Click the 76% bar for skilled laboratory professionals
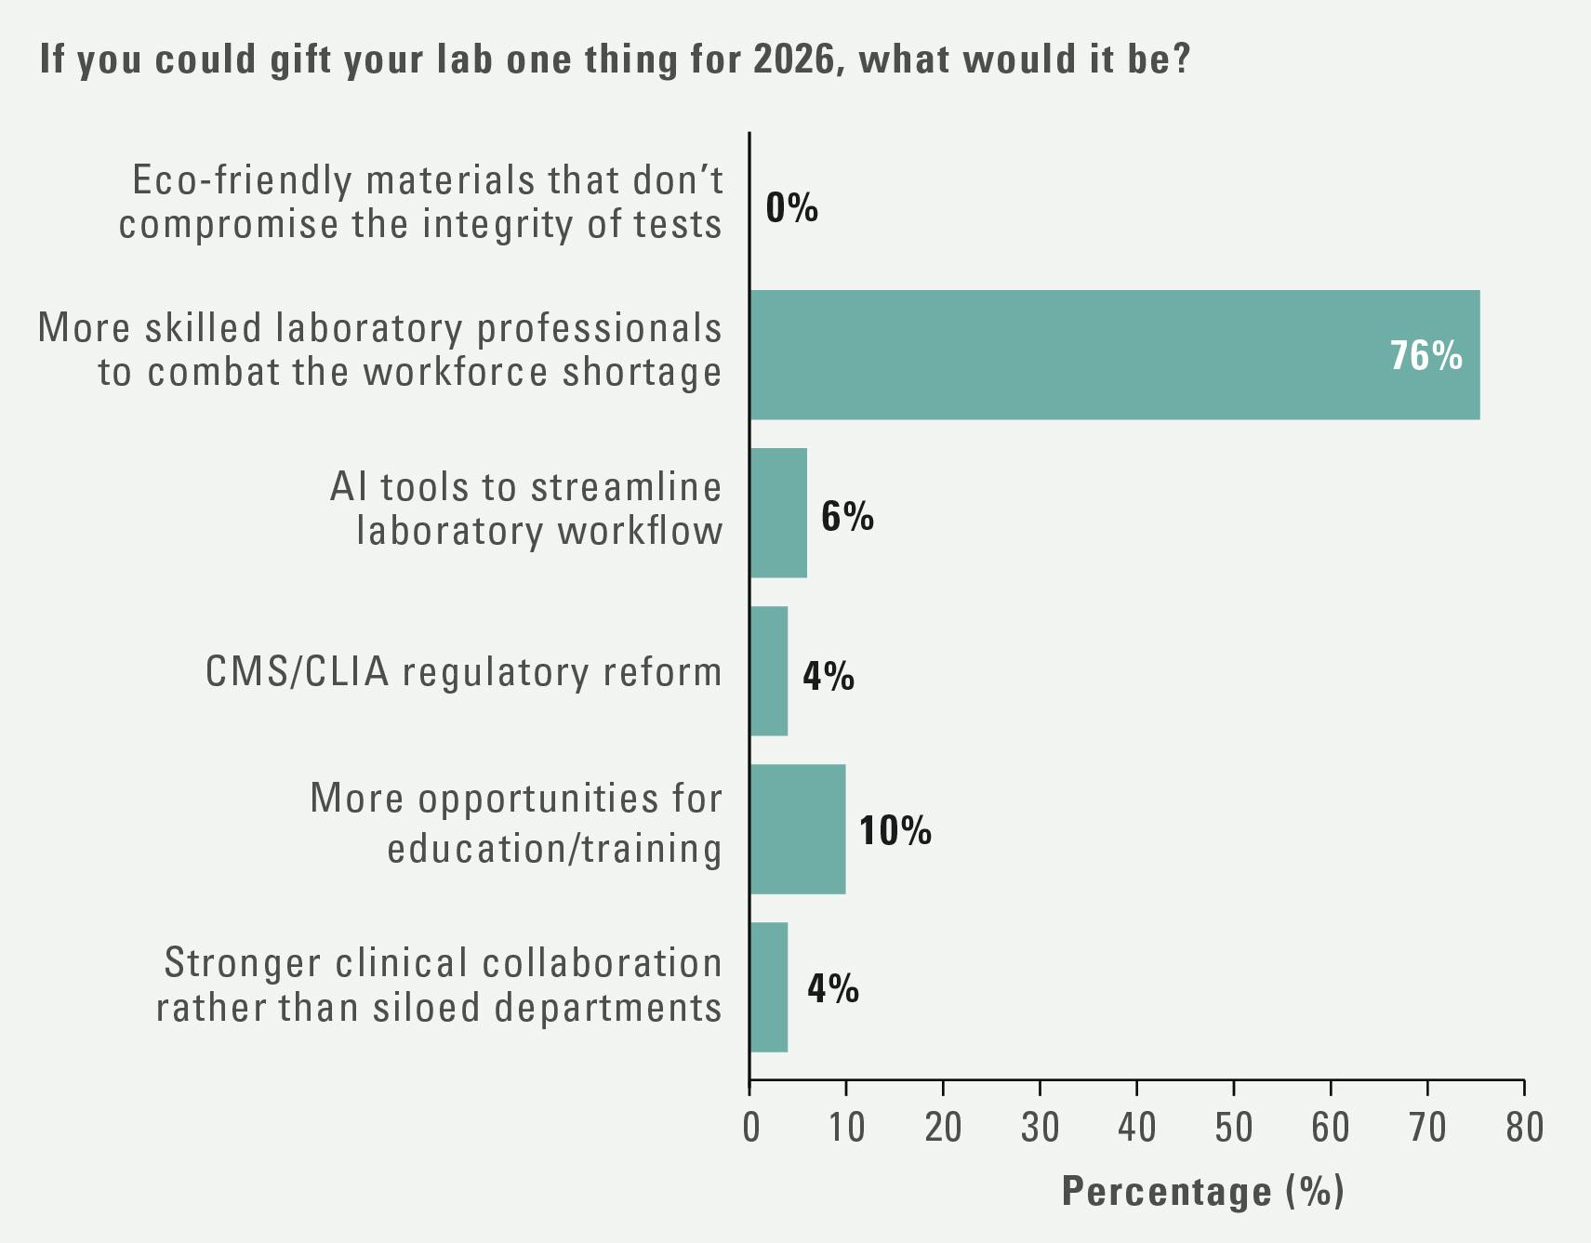pos(1114,354)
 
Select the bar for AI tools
pos(778,513)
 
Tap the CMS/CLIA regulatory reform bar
pos(769,671)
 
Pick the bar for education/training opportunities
pos(798,829)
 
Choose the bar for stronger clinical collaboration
pos(769,987)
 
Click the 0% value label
pos(791,208)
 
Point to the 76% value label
pos(1425,356)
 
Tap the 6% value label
pos(846,516)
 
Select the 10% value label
pos(895,830)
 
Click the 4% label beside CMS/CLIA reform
pos(828,676)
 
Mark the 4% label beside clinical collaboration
pos(832,987)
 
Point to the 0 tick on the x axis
pos(750,1127)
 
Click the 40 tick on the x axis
pos(1136,1127)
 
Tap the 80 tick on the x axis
pos(1523,1127)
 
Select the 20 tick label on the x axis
pos(943,1127)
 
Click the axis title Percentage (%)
pos(1202,1192)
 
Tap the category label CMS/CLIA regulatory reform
pos(463,672)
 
